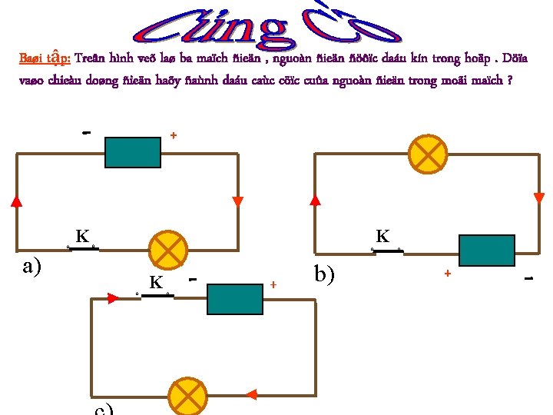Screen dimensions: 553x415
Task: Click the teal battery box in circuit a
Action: click(133, 152)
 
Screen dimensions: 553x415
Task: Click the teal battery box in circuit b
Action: click(486, 251)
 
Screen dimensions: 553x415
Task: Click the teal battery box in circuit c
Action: click(235, 299)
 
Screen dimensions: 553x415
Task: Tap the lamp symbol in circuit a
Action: click(167, 249)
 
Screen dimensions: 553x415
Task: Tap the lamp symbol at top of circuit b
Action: click(425, 153)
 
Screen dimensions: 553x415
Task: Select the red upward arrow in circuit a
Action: click(17, 201)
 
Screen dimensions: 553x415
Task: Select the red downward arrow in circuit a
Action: click(237, 201)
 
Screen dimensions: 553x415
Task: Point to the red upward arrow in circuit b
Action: click(315, 200)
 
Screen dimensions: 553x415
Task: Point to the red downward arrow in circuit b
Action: click(538, 198)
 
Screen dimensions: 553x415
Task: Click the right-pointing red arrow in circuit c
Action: click(114, 298)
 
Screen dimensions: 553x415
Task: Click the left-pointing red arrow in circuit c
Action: click(250, 395)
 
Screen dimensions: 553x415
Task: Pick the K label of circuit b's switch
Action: click(382, 236)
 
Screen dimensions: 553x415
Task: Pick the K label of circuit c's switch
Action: click(156, 283)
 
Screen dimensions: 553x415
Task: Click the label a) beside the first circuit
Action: click(31, 266)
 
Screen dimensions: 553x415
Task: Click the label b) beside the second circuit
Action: click(325, 273)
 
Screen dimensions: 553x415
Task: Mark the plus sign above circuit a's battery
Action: click(174, 135)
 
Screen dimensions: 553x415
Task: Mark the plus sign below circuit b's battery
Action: click(447, 273)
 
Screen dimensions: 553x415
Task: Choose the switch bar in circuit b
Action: click(386, 250)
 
